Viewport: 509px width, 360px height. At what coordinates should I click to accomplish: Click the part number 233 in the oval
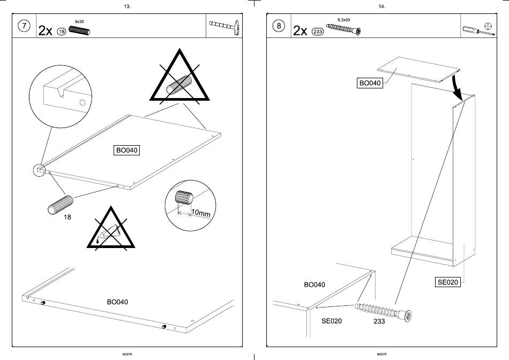(317, 32)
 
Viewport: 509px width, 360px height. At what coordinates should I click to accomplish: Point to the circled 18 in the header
(61, 32)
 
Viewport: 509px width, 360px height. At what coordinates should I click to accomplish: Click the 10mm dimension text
(200, 213)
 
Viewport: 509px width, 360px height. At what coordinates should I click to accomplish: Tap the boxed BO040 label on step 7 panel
(128, 151)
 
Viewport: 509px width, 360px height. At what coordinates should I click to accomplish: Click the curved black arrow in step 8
(456, 87)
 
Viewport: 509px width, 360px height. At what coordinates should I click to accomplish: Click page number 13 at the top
(126, 6)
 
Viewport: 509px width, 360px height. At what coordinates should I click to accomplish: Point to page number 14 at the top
(381, 6)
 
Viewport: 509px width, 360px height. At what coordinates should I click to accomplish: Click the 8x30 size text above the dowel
(79, 21)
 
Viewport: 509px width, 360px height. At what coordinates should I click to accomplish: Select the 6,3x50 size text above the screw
(343, 20)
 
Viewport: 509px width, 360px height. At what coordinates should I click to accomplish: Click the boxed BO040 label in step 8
(370, 83)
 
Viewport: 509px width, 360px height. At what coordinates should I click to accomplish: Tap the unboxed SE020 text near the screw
(332, 321)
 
